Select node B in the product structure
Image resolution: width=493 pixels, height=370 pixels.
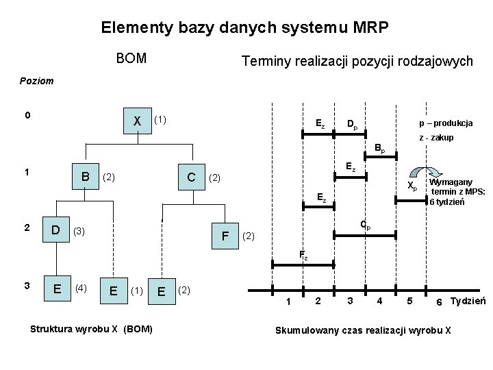point(86,176)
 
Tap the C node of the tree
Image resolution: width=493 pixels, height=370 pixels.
point(192,177)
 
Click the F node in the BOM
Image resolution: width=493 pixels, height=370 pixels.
point(225,237)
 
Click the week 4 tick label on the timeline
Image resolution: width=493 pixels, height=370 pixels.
point(379,301)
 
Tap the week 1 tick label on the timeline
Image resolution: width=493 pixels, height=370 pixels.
point(288,303)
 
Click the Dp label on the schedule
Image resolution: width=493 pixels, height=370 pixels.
point(351,125)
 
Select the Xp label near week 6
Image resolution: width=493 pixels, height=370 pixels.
point(412,185)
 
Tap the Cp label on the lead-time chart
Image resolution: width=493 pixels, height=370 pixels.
point(366,226)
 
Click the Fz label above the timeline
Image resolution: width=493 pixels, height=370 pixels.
point(303,256)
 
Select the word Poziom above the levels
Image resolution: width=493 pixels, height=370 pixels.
point(38,81)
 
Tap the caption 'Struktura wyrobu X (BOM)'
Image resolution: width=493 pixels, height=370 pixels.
point(92,330)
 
